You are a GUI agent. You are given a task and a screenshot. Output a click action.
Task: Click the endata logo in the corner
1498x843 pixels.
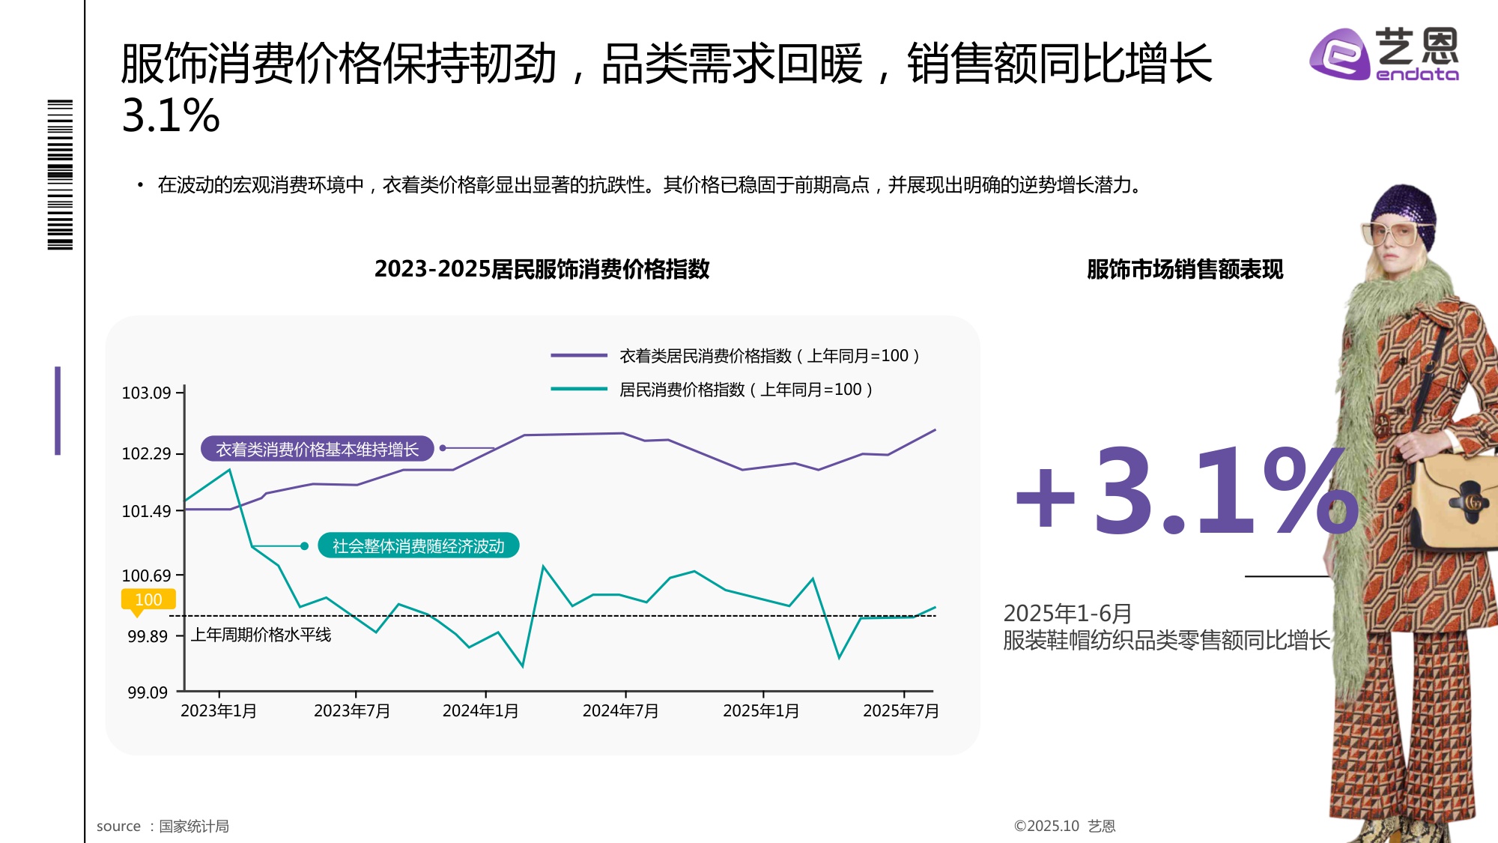(1384, 54)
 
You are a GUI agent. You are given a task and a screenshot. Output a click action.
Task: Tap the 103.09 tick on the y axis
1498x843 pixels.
(147, 393)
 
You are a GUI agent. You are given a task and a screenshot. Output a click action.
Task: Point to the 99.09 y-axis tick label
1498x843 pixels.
(148, 692)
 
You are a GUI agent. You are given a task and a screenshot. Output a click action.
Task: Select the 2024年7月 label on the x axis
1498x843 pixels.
(620, 710)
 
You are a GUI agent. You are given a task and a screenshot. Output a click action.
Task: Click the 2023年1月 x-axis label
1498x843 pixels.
(218, 710)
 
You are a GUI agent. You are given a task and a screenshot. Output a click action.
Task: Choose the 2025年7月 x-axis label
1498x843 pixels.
(900, 710)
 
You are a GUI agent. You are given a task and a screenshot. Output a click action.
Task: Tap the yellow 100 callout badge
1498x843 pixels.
(148, 599)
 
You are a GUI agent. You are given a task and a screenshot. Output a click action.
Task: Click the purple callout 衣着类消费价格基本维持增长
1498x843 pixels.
(317, 449)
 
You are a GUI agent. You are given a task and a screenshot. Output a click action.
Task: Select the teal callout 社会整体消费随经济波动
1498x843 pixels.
(418, 546)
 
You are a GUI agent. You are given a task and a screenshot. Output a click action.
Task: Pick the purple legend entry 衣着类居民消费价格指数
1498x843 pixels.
(768, 356)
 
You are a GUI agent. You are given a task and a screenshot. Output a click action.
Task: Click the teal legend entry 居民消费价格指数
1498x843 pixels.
(745, 390)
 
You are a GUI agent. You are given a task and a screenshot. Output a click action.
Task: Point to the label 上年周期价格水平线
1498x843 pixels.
(261, 635)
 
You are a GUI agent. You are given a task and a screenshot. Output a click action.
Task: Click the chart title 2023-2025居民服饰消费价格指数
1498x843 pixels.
(542, 269)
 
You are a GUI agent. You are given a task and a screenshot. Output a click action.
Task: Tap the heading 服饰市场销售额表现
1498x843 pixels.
(1184, 269)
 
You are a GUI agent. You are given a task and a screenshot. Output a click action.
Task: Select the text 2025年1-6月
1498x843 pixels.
(1067, 613)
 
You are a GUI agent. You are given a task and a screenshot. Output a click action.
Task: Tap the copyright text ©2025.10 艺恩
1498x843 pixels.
(1064, 826)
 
